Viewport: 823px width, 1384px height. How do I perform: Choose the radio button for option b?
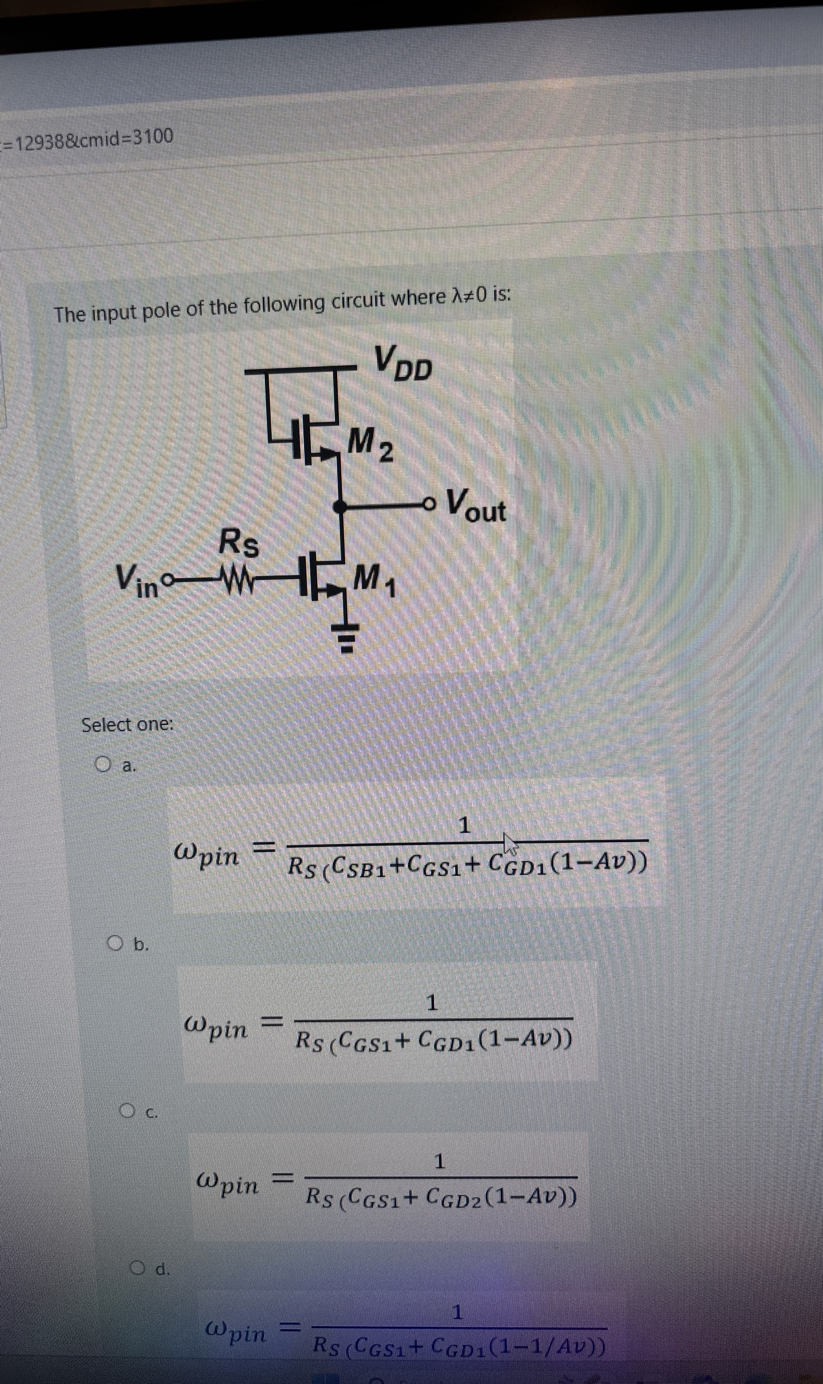[x=115, y=942]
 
